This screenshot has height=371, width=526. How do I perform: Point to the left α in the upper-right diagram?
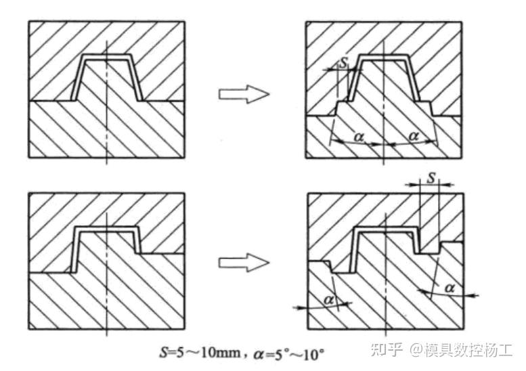pos(359,138)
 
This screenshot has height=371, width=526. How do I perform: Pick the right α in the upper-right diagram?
pos(414,137)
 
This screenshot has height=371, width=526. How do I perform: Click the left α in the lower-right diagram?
pos(329,299)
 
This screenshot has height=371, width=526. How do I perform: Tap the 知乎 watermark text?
pos(391,350)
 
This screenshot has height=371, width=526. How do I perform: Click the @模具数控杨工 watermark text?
pos(464,350)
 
